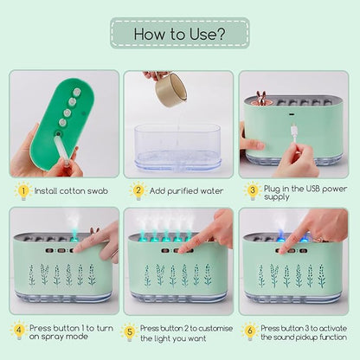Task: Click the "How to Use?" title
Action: (179, 34)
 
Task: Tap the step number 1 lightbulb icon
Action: (23, 191)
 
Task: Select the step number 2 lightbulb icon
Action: (138, 190)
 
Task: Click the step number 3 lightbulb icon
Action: (253, 191)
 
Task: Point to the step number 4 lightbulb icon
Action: (19, 330)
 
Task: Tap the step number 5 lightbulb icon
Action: (130, 331)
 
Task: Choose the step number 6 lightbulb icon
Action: (250, 331)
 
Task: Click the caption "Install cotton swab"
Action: (71, 191)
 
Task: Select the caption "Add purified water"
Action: (186, 191)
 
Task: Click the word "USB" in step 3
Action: (313, 189)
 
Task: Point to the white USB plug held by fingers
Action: (293, 132)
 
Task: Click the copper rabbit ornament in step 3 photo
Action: (261, 99)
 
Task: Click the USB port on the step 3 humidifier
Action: (292, 114)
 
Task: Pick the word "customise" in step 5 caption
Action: (215, 328)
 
